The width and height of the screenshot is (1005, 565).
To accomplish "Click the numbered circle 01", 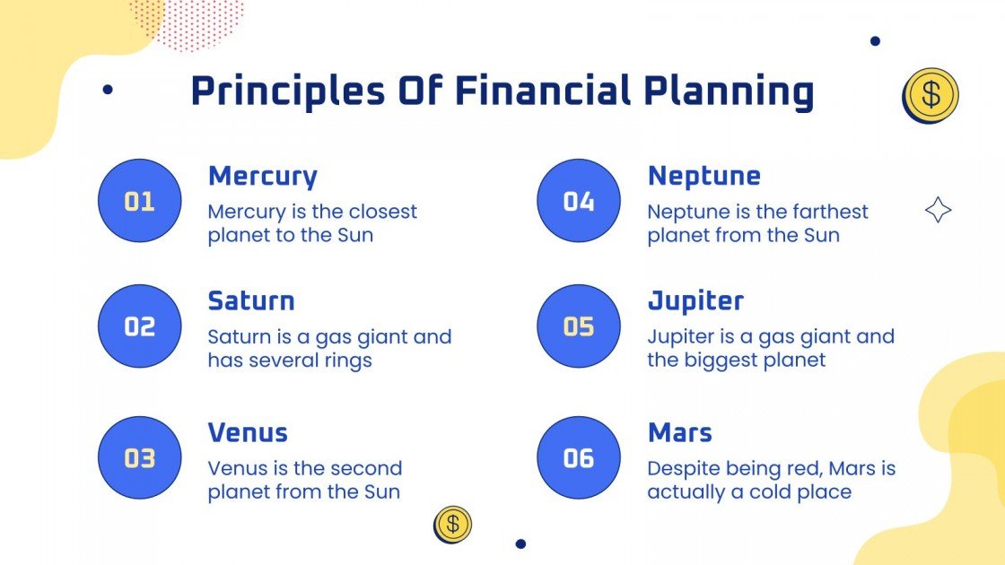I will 139,201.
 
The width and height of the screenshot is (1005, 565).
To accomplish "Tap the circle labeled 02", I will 139,326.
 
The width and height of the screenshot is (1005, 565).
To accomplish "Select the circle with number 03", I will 139,458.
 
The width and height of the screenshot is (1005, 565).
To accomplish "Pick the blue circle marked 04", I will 579,201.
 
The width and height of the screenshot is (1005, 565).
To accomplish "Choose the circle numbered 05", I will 579,326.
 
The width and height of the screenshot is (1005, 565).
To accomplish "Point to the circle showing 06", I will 579,458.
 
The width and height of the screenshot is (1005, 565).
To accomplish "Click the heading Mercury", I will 262,177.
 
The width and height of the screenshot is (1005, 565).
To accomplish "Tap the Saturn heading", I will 251,300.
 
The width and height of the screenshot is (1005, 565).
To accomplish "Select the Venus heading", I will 248,433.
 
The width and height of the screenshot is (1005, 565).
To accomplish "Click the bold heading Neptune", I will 703,177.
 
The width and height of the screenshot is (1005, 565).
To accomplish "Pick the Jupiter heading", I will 695,300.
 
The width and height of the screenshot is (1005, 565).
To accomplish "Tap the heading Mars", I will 679,433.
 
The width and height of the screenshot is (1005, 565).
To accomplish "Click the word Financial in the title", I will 544,91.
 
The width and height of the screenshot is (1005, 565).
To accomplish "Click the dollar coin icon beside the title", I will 931,94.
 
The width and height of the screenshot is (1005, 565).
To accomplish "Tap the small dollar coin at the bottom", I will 452,524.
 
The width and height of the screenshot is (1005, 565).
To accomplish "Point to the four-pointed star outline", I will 938,211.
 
